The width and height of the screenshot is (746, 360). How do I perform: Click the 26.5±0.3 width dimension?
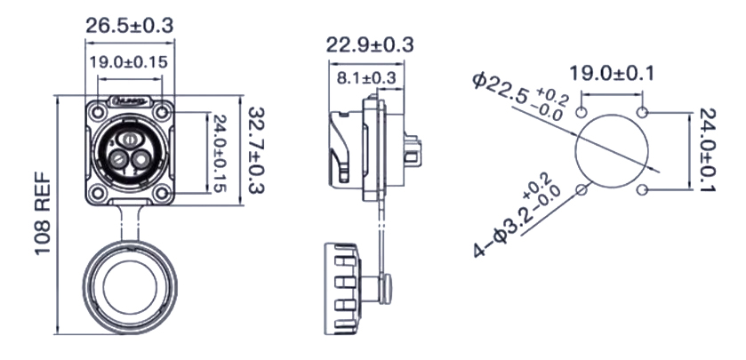tap(130, 26)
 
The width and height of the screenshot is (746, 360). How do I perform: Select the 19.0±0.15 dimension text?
tap(129, 62)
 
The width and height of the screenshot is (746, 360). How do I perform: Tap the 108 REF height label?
tap(43, 213)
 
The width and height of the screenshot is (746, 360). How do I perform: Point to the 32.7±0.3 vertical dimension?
tap(256, 150)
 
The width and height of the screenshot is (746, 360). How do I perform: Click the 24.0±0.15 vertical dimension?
tap(219, 153)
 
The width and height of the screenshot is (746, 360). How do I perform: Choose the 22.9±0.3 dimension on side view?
tap(370, 45)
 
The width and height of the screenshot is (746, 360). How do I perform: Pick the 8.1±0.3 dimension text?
tap(366, 78)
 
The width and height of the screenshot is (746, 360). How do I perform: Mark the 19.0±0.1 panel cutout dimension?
tap(612, 74)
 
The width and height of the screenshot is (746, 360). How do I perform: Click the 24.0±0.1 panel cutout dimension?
tap(708, 150)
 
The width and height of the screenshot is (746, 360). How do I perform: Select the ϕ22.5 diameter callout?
tap(520, 97)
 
